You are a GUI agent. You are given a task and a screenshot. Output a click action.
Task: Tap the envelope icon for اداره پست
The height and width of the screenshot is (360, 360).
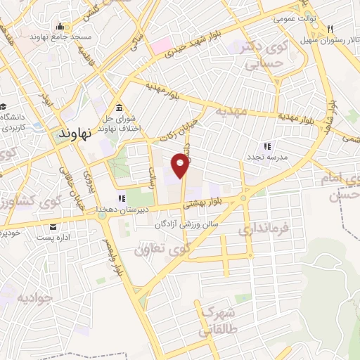coord(53,226)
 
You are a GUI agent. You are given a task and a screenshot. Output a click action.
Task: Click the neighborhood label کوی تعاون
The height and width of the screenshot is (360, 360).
coord(169,248)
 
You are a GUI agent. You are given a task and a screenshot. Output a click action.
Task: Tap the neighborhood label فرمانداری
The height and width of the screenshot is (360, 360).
coord(262,229)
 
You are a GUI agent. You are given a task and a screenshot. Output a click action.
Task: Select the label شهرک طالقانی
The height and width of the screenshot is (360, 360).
coord(219,319)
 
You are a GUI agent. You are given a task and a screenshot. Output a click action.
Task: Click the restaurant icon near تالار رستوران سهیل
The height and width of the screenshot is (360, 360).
coord(329,29)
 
